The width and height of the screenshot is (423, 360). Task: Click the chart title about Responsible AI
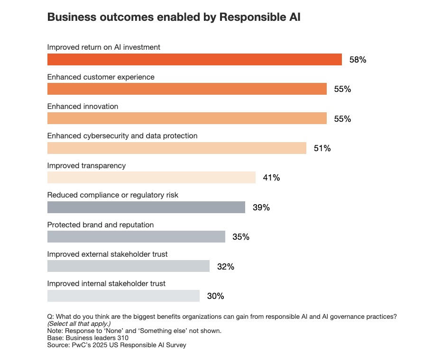point(174,18)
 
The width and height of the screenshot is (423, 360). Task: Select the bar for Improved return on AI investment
point(194,60)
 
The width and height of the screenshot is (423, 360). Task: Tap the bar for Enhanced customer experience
point(187,89)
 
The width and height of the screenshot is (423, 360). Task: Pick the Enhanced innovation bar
point(187,118)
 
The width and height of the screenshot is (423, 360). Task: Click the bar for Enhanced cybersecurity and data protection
point(177,148)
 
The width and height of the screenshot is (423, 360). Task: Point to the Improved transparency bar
point(151,178)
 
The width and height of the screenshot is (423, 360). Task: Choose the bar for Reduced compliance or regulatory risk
point(146,207)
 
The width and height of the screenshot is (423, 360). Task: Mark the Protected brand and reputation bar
point(136,236)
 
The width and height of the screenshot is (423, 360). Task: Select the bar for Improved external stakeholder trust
point(129,266)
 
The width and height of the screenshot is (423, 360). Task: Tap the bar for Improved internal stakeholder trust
point(123,296)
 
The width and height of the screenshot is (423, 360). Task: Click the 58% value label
point(358,60)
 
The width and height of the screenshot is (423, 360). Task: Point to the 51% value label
point(322,148)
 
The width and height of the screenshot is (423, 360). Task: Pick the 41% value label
point(271,178)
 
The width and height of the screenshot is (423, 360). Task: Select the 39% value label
point(261,207)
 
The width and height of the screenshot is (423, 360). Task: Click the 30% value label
point(215,296)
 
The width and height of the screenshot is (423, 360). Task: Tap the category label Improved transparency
point(86,166)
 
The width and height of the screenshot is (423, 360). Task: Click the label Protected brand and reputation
point(101,225)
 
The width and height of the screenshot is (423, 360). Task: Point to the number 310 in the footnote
point(109,338)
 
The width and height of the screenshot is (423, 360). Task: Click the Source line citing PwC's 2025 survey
point(117,345)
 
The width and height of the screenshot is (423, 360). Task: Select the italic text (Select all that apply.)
point(79,324)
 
